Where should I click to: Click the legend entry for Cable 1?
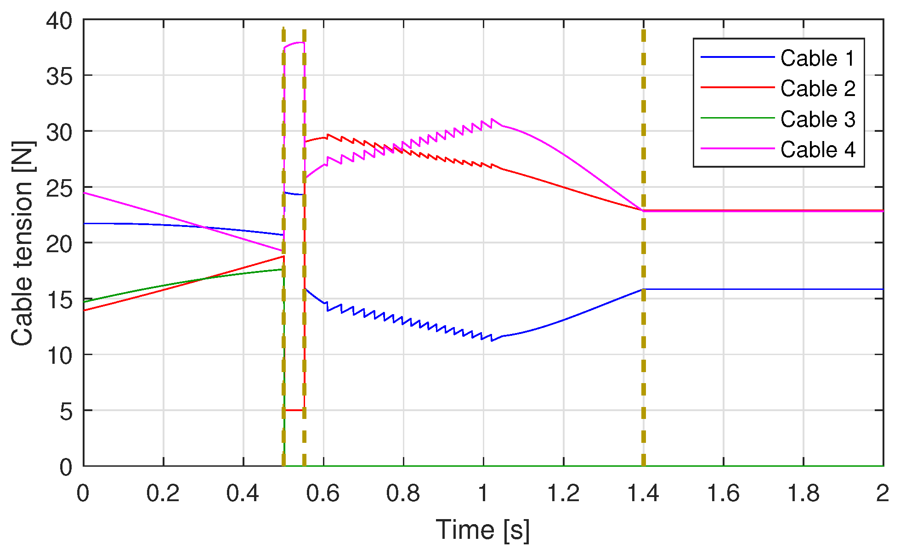817,58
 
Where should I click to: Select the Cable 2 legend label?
817,89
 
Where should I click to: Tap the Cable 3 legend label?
817,119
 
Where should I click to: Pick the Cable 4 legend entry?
817,150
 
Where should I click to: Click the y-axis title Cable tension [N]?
23,243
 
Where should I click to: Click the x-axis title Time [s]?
482,530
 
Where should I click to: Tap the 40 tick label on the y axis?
59,21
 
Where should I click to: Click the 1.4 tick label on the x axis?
643,493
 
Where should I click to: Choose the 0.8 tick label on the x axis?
403,493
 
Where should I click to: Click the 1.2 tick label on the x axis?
563,493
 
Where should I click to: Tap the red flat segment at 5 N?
294,410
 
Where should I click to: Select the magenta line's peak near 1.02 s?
492,119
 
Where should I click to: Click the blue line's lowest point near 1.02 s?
492,340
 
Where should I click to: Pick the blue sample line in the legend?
737,57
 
